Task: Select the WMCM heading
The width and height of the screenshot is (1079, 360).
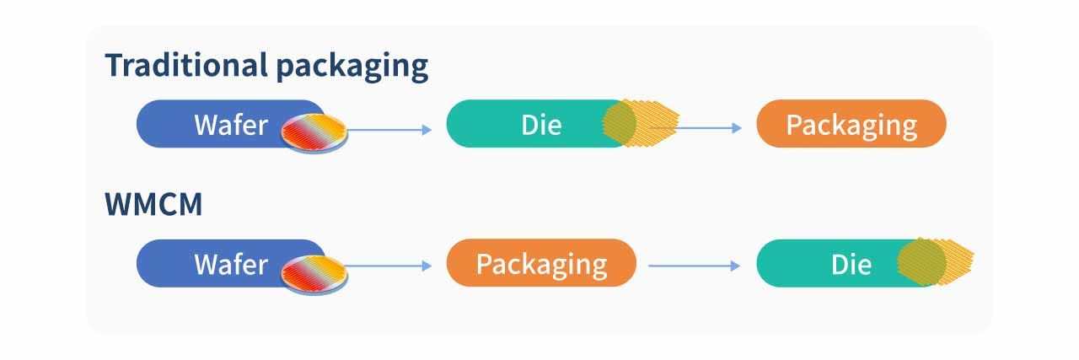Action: click(x=153, y=204)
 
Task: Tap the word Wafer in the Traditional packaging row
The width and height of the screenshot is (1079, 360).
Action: click(x=230, y=125)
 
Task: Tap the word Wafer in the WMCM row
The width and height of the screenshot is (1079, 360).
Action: click(x=230, y=264)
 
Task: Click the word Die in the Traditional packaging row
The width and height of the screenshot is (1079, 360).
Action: click(x=541, y=125)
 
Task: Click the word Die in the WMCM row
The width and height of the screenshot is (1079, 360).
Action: click(x=851, y=264)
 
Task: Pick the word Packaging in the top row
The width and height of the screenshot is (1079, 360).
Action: click(x=851, y=125)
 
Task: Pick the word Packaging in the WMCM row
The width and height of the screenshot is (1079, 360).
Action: click(x=541, y=264)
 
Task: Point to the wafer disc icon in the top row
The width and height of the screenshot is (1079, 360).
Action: click(x=314, y=132)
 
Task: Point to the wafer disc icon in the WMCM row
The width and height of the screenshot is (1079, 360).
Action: click(x=314, y=271)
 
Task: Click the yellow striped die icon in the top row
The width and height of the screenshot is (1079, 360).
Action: click(x=641, y=122)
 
